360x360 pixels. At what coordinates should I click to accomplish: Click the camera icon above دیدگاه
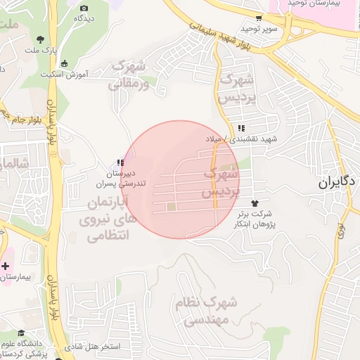pos(84,8)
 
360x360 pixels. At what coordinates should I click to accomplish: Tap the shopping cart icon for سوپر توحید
pos(259,18)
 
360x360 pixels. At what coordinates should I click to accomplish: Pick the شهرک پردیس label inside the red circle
pos(220,181)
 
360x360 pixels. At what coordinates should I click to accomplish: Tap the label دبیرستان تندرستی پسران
pos(120,178)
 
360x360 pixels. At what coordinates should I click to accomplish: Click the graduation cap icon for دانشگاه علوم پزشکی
pos(22,333)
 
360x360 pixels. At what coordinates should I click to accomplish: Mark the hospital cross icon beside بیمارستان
pos(6,266)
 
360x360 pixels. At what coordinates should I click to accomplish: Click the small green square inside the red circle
pos(171,207)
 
